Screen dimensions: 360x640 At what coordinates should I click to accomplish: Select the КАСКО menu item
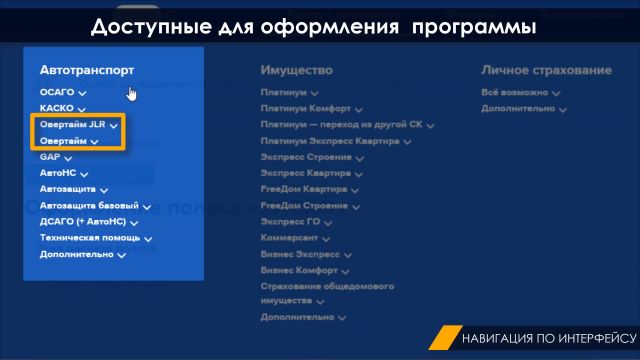[57, 108]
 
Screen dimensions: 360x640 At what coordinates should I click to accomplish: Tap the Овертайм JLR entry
[73, 125]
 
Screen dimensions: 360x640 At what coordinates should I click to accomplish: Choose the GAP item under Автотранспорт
[51, 157]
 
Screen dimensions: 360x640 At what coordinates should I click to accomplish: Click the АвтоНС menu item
[58, 173]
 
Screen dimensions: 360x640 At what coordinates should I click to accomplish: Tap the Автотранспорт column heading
[87, 70]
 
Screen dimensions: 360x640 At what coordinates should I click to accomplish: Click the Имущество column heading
[296, 70]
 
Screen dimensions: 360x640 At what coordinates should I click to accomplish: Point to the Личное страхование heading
[545, 70]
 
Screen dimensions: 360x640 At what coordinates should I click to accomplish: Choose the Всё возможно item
[515, 92]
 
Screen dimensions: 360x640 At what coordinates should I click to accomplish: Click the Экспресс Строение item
[304, 157]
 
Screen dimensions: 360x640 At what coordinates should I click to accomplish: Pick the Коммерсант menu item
[289, 237]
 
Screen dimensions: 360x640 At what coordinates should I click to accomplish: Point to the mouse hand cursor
[132, 93]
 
